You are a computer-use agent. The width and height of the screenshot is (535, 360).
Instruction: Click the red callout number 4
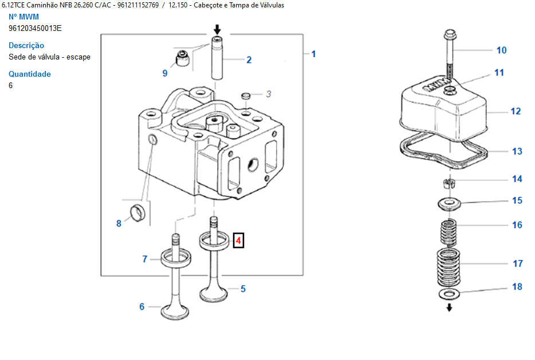[x=238, y=241]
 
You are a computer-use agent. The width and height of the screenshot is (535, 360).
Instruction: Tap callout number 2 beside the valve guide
[x=249, y=60]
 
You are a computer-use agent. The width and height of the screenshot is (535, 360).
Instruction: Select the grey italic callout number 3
[x=269, y=94]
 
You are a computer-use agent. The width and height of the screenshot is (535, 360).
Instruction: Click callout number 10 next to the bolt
[x=502, y=50]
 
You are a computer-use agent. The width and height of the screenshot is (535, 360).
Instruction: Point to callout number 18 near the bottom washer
[x=517, y=287]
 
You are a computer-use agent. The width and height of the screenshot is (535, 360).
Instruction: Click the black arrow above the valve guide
[x=217, y=30]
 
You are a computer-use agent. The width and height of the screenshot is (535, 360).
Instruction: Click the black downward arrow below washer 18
[x=449, y=307]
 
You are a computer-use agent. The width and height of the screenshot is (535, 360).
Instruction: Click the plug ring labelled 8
[x=137, y=213]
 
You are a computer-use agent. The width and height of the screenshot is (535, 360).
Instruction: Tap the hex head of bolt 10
[x=450, y=34]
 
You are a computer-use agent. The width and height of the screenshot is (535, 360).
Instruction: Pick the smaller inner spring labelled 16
[x=449, y=232]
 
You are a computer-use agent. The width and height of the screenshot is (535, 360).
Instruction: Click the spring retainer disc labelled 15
[x=450, y=204]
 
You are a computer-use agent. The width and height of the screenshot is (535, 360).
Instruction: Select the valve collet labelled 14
[x=450, y=183]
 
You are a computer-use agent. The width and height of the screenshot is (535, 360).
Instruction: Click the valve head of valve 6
[x=175, y=311]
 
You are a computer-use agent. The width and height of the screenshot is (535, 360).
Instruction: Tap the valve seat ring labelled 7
[x=176, y=259]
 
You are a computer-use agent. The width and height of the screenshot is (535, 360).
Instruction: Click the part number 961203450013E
[x=35, y=28]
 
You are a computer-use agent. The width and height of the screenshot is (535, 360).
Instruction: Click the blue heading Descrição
[x=26, y=45]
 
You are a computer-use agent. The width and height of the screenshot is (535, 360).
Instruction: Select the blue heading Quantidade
[x=30, y=74]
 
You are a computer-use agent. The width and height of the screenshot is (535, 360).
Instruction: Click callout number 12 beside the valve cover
[x=516, y=112]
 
